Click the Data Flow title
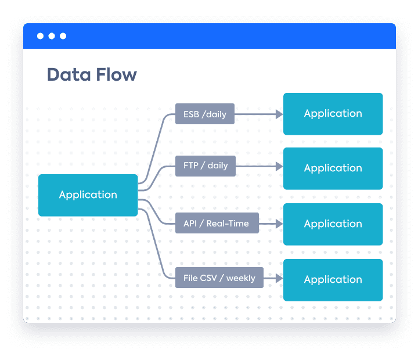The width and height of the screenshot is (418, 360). [x=92, y=74]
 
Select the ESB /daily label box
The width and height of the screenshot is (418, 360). [x=205, y=114]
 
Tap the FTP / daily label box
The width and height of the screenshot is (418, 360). [x=206, y=166]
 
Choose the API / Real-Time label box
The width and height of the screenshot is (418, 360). [x=217, y=223]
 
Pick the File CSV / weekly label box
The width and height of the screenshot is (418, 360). [x=219, y=278]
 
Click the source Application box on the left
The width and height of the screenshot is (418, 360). [x=88, y=195]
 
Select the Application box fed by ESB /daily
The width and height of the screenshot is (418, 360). [x=333, y=114]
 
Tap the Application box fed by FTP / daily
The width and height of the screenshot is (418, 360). [x=333, y=168]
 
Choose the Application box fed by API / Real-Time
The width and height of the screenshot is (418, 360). [x=333, y=224]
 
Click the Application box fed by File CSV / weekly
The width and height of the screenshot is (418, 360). [x=333, y=280]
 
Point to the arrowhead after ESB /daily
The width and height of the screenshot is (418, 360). [x=279, y=114]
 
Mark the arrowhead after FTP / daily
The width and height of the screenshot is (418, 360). [x=279, y=167]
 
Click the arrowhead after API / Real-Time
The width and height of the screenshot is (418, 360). [x=279, y=224]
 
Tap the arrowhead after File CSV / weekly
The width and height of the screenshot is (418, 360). [x=279, y=278]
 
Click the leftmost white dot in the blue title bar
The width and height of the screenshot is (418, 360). [x=40, y=36]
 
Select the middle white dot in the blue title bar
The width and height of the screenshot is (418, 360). [x=52, y=36]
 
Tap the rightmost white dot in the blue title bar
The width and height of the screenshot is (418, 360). [x=63, y=36]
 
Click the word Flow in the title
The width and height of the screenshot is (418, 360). [x=117, y=74]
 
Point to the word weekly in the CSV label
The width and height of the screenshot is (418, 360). [x=241, y=278]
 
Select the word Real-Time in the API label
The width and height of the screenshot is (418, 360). [x=228, y=224]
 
